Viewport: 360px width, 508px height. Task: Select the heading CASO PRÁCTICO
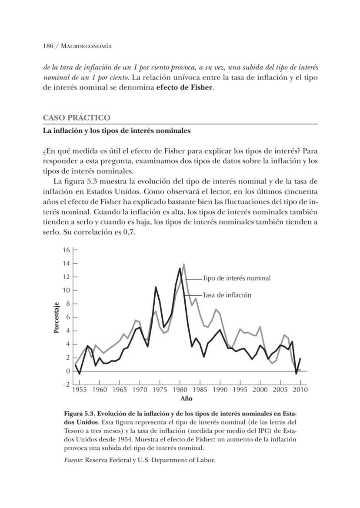77,118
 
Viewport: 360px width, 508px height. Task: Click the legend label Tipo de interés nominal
237,278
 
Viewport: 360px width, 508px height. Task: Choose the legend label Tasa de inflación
227,295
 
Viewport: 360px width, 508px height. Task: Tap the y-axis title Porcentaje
56,318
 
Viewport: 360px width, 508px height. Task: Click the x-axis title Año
187,398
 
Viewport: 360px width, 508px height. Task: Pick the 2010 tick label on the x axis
300,390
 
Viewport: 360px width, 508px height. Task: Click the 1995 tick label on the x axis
240,390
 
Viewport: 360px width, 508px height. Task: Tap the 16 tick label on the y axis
66,250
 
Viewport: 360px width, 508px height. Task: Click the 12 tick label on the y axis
66,277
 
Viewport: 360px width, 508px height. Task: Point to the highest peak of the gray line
184,264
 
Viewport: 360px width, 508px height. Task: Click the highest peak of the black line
180,268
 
